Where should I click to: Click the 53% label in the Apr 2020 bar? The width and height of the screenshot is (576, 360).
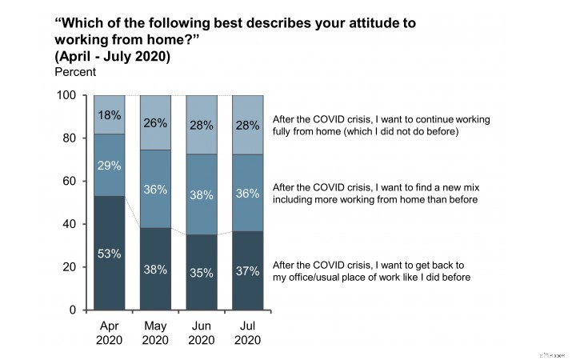tap(110, 254)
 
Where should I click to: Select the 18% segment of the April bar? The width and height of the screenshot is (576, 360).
tap(110, 114)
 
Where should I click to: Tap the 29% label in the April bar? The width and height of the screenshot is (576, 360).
tap(110, 166)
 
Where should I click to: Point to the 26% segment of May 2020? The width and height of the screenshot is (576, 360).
tap(155, 123)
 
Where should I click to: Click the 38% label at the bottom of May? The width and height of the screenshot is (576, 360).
tap(155, 270)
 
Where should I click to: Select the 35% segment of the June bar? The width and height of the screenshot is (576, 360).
tap(202, 272)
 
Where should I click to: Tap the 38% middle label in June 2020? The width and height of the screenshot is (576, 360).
tap(202, 194)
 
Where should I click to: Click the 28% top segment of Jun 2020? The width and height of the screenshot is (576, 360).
tap(202, 125)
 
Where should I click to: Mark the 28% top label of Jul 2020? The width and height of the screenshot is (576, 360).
tap(248, 126)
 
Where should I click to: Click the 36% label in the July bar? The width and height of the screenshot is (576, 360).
tap(248, 193)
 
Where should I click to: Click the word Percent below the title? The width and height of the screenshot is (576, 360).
tap(75, 72)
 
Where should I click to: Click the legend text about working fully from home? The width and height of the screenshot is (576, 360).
tap(381, 125)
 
